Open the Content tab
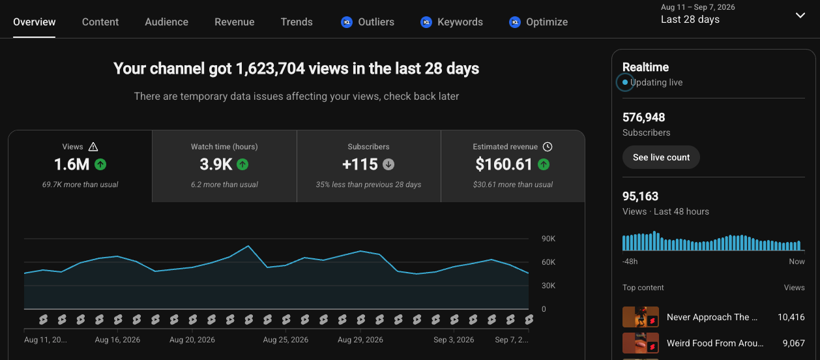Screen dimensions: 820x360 pos(100,22)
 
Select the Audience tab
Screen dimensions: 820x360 pos(167,22)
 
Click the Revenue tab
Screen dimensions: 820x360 pos(234,22)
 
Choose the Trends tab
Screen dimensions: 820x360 pos(297,22)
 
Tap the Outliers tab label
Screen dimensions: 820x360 pos(376,22)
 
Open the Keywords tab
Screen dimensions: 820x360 pos(460,22)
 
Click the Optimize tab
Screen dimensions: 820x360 pos(547,22)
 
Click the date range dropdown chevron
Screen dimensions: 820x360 pos(800,16)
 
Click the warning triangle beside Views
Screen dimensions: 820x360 pos(93,147)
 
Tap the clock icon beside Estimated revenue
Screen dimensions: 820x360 pos(548,147)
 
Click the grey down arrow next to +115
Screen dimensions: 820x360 pos(388,164)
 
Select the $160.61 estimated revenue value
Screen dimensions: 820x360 pos(504,164)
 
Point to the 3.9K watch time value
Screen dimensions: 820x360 pos(216,164)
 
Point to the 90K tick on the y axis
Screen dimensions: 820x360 pos(548,239)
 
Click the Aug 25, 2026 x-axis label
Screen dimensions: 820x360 pos(286,340)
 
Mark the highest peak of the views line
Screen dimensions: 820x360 pos(248,246)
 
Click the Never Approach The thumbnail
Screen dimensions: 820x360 pos(641,317)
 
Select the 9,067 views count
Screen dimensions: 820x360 pos(794,343)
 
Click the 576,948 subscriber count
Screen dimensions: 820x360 pos(643,117)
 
